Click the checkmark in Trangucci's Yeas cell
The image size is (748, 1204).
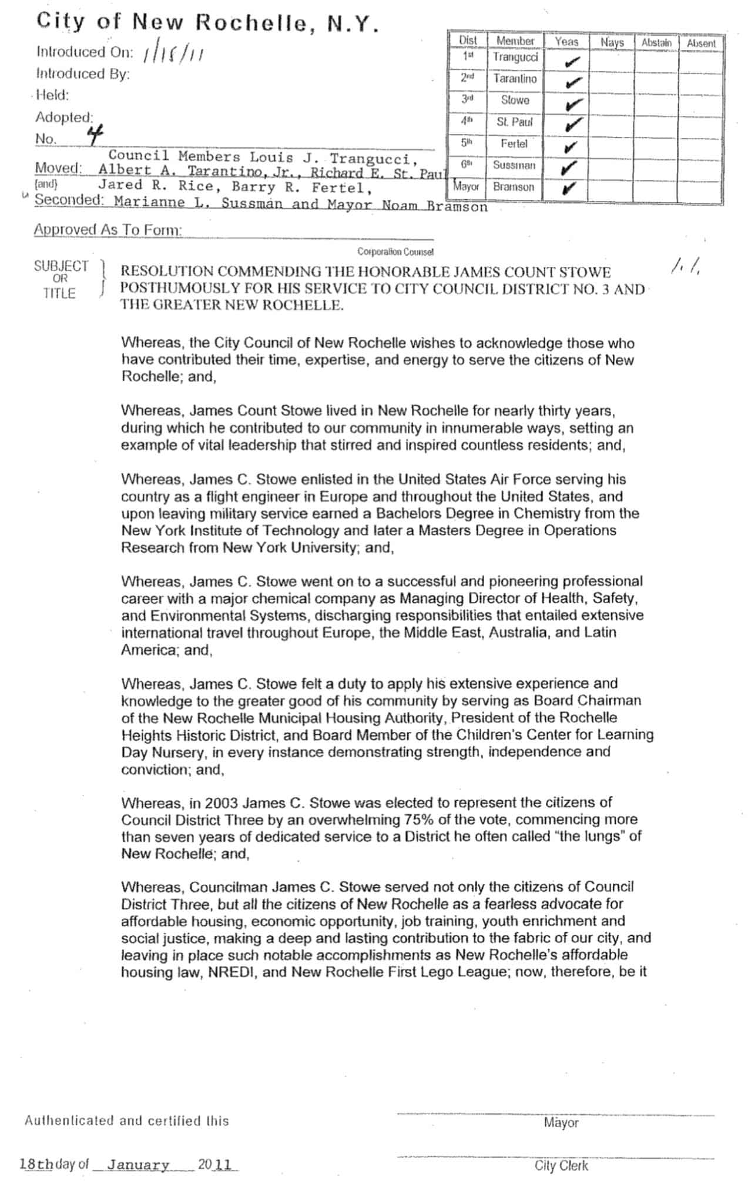572,61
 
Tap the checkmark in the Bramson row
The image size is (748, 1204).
568,189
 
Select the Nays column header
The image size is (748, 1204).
612,42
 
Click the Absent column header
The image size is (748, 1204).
701,44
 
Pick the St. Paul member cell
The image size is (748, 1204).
515,122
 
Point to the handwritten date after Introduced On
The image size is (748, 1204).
173,54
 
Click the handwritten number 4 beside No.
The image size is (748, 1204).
94,136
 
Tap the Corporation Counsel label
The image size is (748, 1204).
395,252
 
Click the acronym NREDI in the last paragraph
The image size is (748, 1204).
231,972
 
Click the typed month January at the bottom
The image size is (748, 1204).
138,1165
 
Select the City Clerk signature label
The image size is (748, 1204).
561,1166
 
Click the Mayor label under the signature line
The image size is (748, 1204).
561,1123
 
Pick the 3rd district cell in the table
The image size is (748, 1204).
468,100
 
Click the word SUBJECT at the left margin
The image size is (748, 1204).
61,266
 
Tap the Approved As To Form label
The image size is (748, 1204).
108,230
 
